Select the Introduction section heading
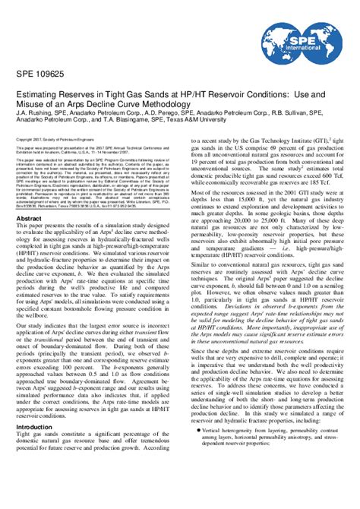35,426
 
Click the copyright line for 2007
50,161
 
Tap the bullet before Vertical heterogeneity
198,451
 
